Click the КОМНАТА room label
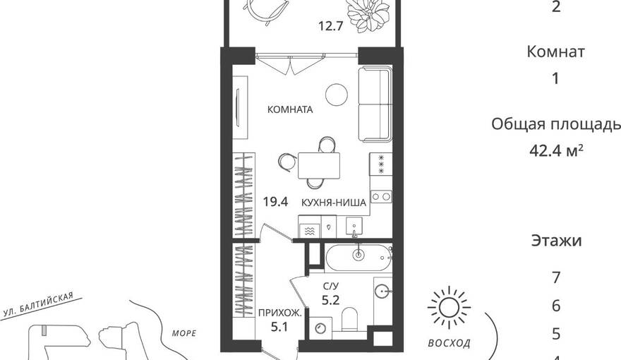tap(290, 109)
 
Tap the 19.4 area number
tap(276, 202)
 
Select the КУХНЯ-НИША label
tap(334, 203)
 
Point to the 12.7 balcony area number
tap(330, 27)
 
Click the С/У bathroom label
tap(331, 286)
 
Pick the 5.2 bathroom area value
tap(330, 301)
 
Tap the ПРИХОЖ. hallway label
tap(280, 313)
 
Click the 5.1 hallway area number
tap(279, 327)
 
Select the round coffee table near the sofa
tap(337, 95)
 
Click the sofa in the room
tap(375, 104)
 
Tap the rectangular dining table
tap(319, 166)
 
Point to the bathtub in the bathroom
tap(358, 258)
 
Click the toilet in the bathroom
tap(349, 319)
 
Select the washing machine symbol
tap(320, 328)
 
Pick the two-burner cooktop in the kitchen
tap(381, 196)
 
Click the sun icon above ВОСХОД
tap(449, 307)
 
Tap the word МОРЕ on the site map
tap(184, 333)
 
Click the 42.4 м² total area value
tap(556, 150)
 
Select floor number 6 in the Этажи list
tap(556, 306)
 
